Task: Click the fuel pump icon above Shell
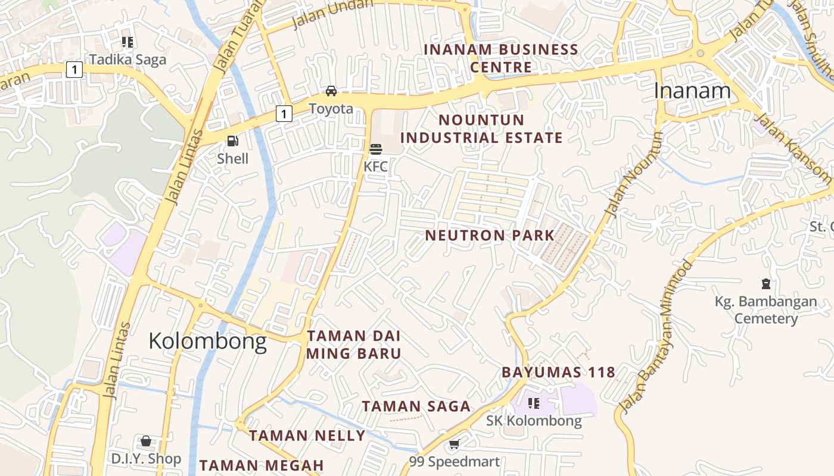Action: coord(233,141)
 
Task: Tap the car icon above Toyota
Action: coord(331,91)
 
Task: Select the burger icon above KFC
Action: coord(375,149)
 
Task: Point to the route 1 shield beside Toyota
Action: coord(284,113)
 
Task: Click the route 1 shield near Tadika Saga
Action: coord(74,70)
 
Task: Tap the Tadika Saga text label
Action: coord(127,59)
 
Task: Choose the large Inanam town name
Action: coord(692,90)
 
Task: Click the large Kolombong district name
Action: coord(207,341)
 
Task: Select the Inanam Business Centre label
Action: coord(500,58)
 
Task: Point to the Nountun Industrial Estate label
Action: coord(481,129)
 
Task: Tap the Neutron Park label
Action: coord(490,235)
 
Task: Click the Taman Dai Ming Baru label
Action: coord(354,345)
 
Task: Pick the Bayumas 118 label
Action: coord(558,372)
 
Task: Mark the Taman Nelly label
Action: coord(307,436)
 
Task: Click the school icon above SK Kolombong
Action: coord(534,403)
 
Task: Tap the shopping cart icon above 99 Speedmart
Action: coord(454,444)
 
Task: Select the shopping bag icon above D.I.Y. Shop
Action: coord(145,441)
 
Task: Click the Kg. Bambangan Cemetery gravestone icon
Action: coord(765,284)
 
